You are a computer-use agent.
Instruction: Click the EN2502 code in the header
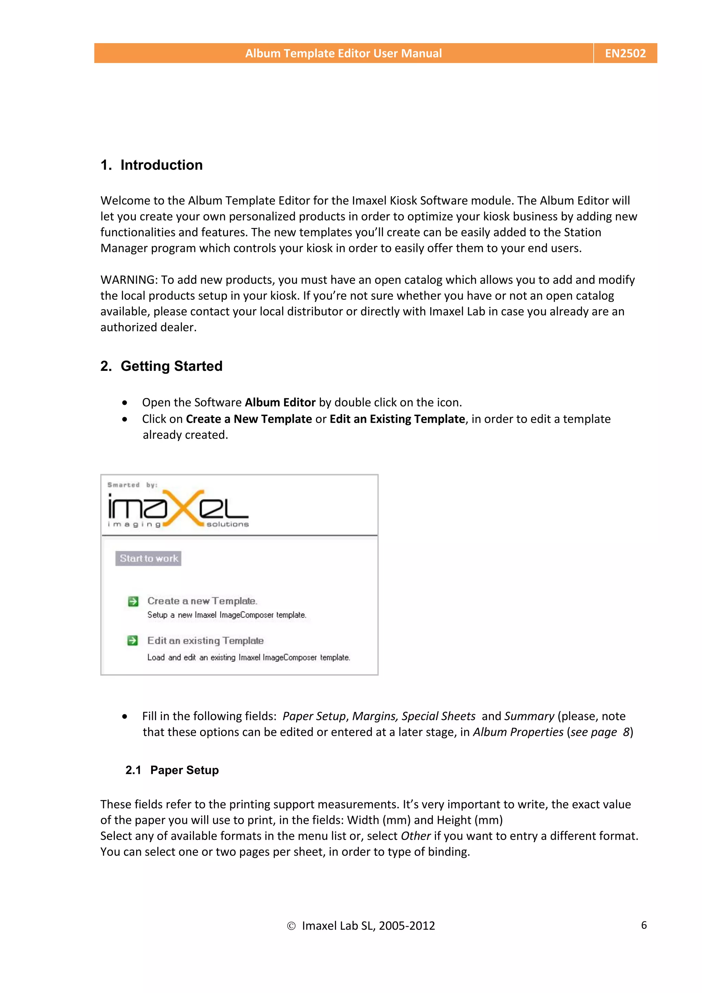(625, 53)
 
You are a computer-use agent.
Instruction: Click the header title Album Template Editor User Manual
(343, 53)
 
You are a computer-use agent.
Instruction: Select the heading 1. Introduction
(152, 165)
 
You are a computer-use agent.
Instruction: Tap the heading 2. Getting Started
(161, 366)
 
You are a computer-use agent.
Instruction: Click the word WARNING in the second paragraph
(129, 280)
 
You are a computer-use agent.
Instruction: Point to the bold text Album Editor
(280, 402)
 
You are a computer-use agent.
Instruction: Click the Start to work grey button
(148, 558)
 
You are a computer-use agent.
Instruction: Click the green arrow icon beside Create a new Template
(133, 601)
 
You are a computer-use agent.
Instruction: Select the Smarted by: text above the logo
(132, 485)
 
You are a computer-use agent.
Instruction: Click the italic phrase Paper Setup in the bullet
(314, 716)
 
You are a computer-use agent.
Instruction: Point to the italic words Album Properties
(518, 732)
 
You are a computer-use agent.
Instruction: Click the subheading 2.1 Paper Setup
(172, 770)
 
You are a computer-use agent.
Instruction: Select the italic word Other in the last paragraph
(415, 836)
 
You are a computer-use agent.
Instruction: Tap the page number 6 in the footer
(644, 925)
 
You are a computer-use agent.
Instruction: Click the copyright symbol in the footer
(291, 926)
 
